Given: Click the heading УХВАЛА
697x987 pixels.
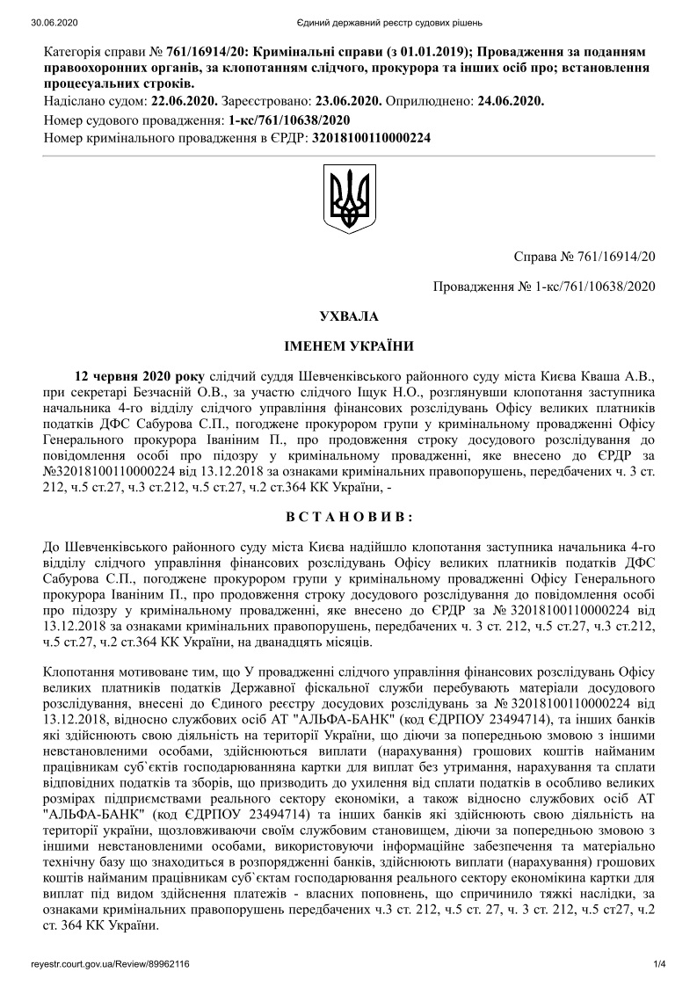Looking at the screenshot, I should pos(348,315).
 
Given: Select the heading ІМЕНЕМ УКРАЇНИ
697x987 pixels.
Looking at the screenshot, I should pos(348,345).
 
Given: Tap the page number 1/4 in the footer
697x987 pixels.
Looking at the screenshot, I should pos(660,964).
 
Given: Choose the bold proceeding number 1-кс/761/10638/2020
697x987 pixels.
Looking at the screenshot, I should pos(289,120).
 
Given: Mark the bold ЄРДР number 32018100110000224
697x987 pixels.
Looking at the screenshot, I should pos(370,138).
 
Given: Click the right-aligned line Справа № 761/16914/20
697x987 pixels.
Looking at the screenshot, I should pos(584,256).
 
